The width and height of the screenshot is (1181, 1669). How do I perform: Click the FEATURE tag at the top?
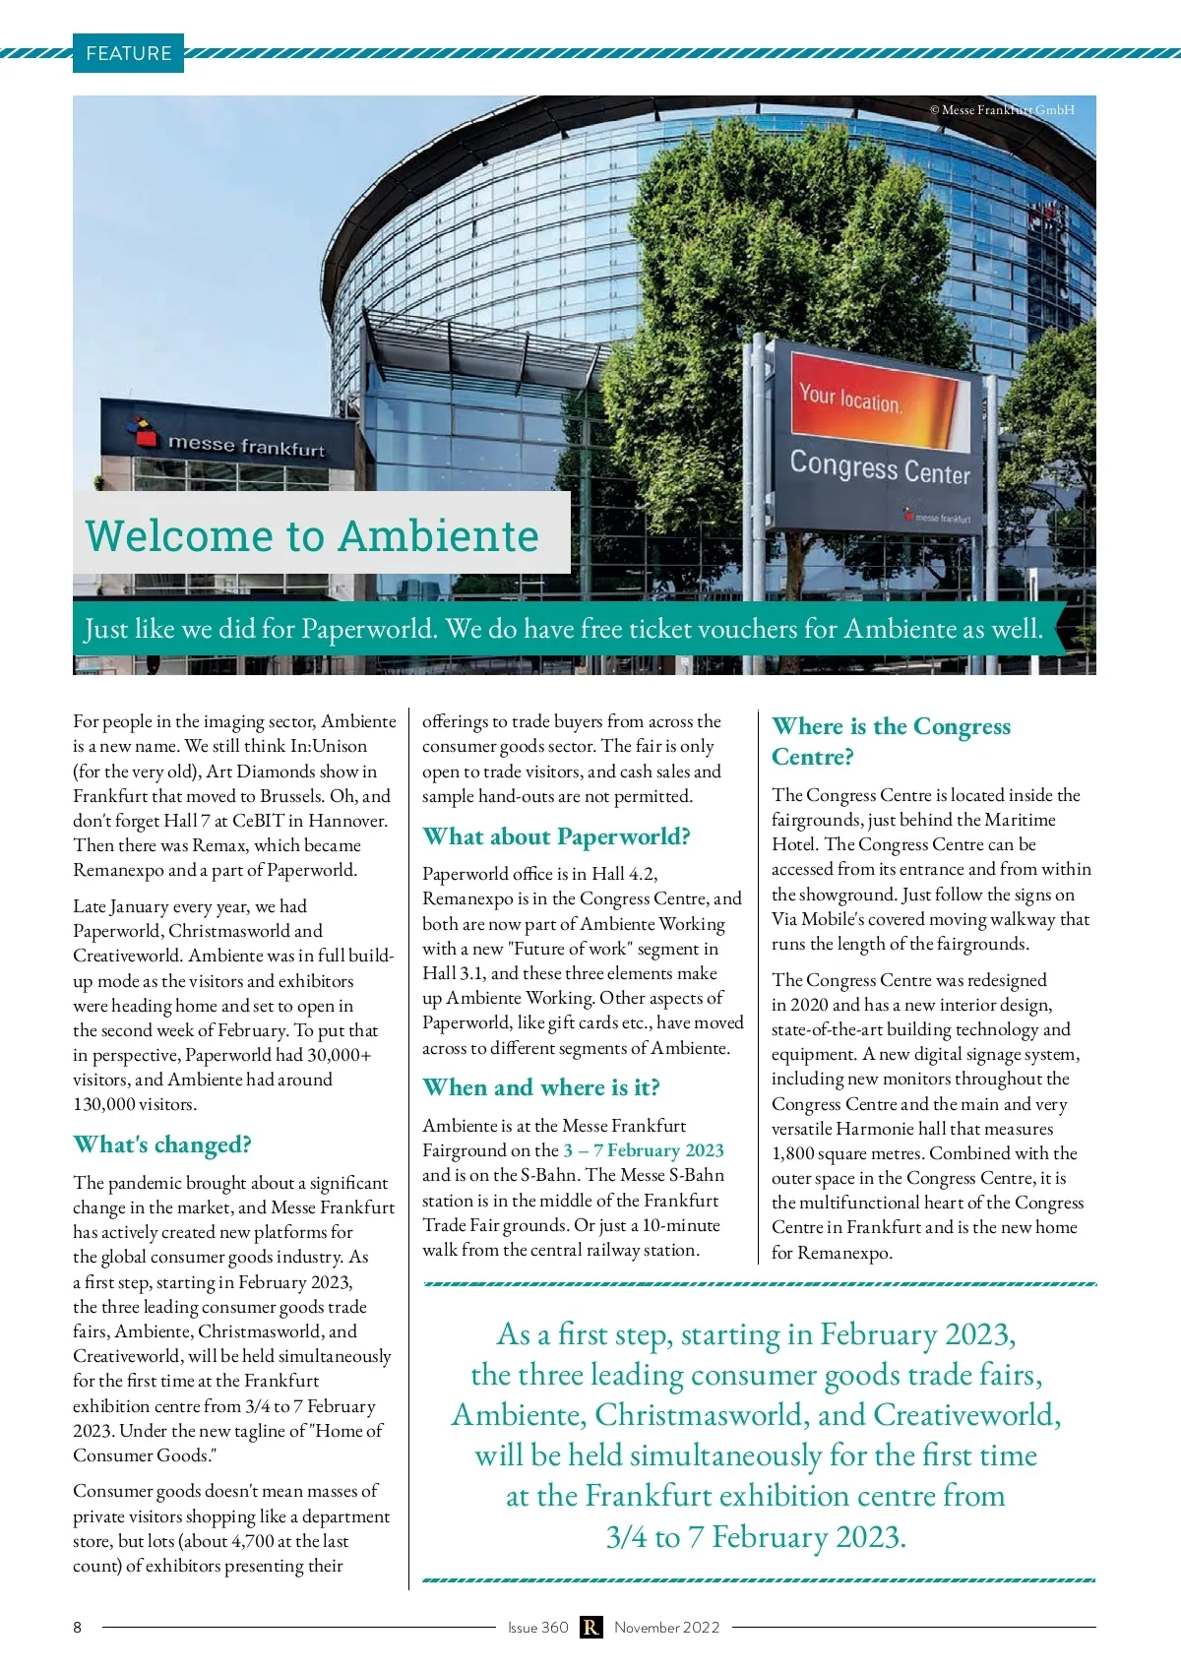pos(128,53)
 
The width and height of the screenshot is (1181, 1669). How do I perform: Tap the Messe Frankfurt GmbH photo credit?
pos(1002,110)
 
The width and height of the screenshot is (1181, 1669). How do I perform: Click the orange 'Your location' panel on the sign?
pos(879,398)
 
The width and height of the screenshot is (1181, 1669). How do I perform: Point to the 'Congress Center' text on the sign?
pos(879,466)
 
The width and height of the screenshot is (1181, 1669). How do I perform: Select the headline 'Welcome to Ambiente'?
pos(312,536)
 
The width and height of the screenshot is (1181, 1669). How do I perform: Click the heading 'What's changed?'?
pos(162,1144)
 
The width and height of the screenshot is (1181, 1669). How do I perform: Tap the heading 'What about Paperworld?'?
pos(556,836)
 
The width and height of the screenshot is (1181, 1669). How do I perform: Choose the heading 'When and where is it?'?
pos(541,1087)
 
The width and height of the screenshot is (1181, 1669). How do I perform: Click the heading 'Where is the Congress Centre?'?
pos(891,741)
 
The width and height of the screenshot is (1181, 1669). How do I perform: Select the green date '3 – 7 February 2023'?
pos(644,1150)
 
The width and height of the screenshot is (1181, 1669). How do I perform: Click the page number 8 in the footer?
pos(78,1628)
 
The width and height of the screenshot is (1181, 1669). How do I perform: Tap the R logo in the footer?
pos(590,1628)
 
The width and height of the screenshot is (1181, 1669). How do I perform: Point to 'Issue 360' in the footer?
pos(537,1628)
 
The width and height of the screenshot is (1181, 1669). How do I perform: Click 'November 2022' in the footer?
pos(666,1628)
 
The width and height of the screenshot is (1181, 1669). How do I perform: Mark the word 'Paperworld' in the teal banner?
pos(369,629)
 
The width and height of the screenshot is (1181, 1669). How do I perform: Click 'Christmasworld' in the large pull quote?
pos(702,1415)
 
